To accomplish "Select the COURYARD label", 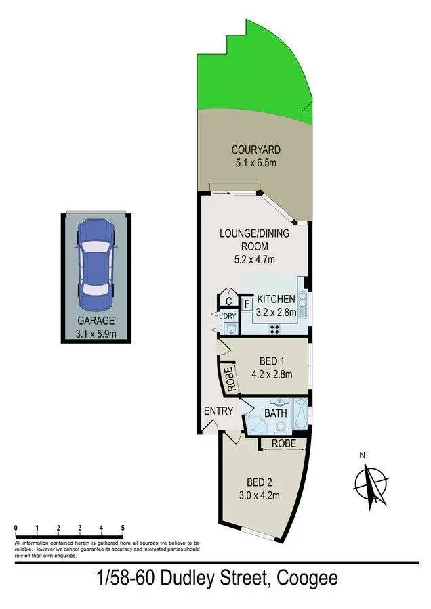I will pos(255,150).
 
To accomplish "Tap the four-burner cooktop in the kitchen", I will pos(276,329).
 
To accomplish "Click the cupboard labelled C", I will pos(229,300).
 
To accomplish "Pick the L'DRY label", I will pos(226,316).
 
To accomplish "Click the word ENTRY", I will pos(218,411).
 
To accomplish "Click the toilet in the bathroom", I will pos(279,426).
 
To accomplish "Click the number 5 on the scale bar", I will pos(122,526).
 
